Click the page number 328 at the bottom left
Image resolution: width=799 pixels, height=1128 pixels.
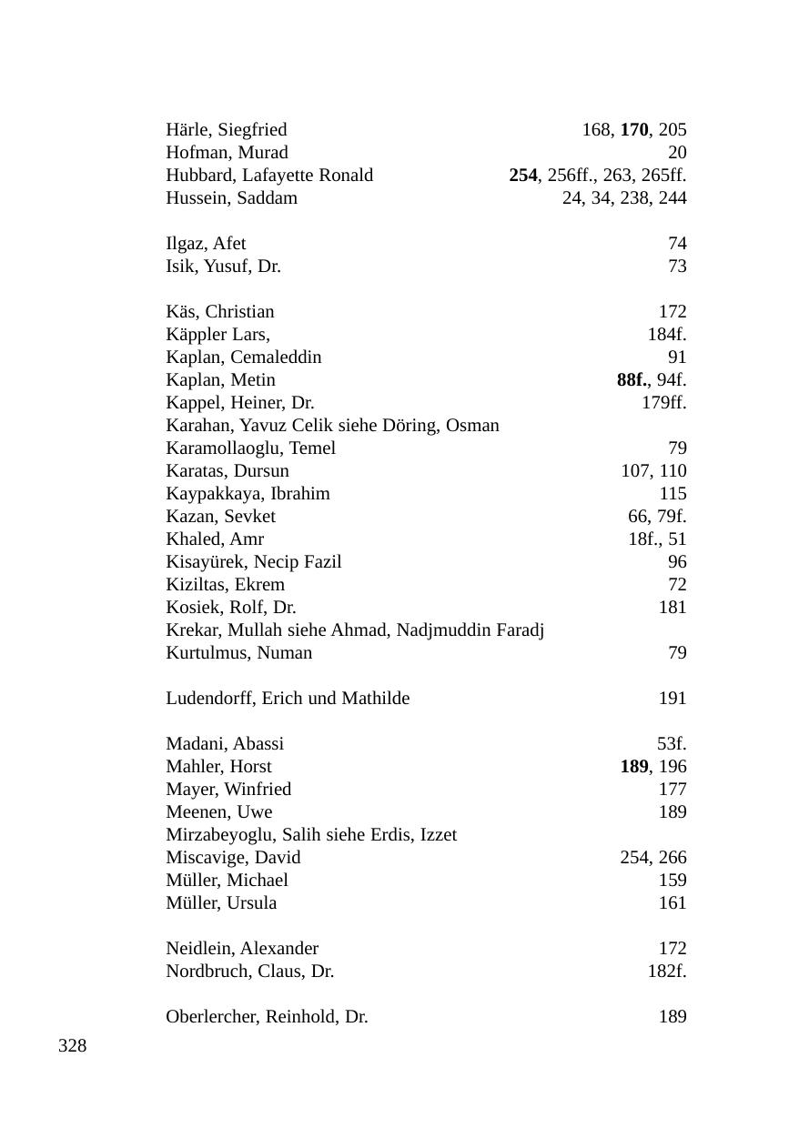72,1046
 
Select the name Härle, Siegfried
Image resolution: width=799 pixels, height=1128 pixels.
226,130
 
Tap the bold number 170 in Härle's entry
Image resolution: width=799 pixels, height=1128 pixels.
634,130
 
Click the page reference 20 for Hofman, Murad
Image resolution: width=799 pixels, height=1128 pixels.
677,153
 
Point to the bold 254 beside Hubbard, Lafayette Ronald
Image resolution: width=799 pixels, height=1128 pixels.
523,176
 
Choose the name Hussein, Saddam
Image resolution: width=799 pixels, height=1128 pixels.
231,198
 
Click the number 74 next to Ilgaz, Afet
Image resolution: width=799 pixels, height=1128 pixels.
677,244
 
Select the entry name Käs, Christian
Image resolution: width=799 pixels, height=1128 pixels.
219,312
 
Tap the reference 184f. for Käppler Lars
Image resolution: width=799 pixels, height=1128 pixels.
666,335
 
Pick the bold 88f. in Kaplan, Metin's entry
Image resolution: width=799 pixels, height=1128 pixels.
632,380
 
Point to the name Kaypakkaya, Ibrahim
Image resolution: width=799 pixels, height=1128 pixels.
248,494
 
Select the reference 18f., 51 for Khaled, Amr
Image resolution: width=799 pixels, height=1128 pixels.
657,539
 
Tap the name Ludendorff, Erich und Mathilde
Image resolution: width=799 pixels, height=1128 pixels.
288,699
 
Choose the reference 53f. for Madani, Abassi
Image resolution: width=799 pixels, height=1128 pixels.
672,744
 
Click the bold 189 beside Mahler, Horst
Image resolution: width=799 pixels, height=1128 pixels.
634,767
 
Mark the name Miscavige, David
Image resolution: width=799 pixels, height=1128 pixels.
233,858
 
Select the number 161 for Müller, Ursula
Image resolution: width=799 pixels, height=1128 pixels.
673,903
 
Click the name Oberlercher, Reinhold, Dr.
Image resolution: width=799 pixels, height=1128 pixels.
267,1017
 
